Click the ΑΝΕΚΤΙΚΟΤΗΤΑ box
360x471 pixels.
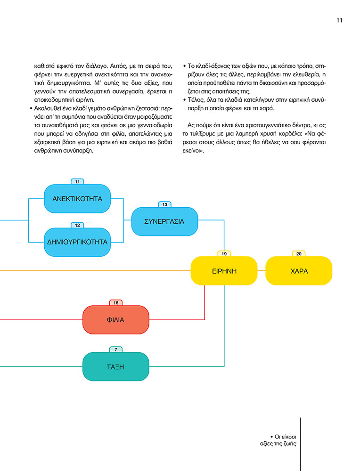(x=77, y=199)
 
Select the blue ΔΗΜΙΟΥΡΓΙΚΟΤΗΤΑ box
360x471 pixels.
(x=77, y=242)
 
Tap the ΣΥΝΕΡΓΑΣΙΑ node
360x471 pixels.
(x=164, y=221)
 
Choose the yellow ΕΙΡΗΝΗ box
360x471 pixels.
(x=224, y=271)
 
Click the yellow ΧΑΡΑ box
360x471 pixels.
(x=299, y=271)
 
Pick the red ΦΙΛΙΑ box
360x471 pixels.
(x=116, y=320)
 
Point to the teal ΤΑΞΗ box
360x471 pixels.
(x=116, y=366)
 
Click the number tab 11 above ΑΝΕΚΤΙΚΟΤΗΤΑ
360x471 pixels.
(x=77, y=181)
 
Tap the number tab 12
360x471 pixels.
(x=77, y=225)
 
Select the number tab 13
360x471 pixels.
(x=164, y=204)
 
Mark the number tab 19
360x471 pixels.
(x=224, y=253)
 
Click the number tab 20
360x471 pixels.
(x=299, y=253)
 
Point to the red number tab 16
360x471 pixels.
(x=116, y=302)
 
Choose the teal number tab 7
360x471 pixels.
(x=116, y=349)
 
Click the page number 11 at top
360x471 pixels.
(x=339, y=20)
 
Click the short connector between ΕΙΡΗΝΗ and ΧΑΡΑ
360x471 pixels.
(x=262, y=271)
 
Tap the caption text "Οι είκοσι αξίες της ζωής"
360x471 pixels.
(x=278, y=440)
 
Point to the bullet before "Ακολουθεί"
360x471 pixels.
(x=31, y=108)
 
